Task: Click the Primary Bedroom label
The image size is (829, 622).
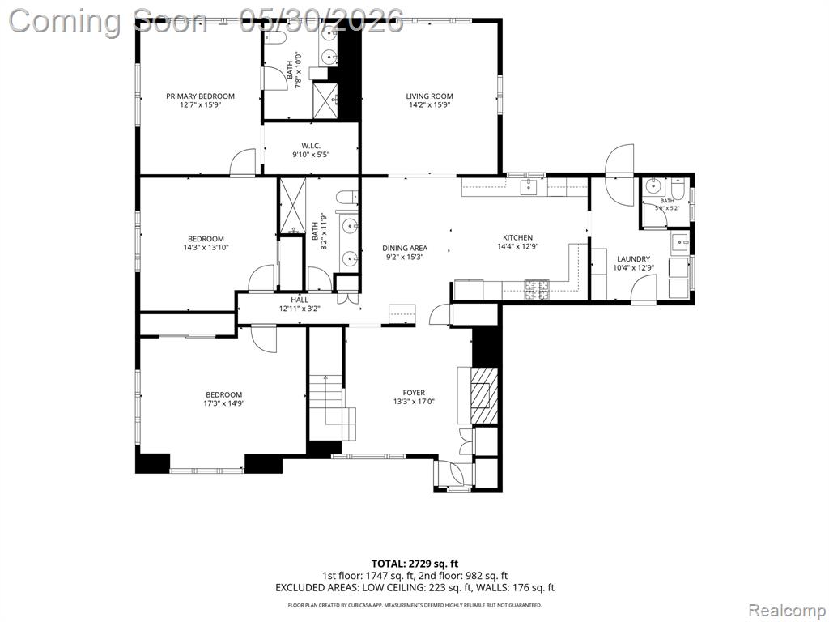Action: point(201,96)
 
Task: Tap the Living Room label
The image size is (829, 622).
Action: point(429,96)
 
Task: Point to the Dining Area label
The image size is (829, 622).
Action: point(405,248)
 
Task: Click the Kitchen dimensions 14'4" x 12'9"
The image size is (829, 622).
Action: point(517,246)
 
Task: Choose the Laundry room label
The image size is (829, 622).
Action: point(633,259)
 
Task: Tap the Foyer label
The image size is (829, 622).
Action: point(414,393)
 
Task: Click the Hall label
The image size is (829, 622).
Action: point(300,300)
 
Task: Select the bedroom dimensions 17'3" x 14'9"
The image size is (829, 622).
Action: point(224,403)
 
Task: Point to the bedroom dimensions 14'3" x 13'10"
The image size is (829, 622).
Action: point(206,247)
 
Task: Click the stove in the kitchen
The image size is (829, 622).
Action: point(536,291)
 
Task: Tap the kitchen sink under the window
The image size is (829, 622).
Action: point(528,187)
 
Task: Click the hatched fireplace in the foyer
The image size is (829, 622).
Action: point(484,394)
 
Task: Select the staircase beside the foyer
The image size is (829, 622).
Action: point(332,407)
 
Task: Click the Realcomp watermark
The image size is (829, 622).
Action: point(786,611)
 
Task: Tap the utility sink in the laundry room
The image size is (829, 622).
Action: point(680,243)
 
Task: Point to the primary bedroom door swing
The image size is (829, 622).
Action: point(243,162)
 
